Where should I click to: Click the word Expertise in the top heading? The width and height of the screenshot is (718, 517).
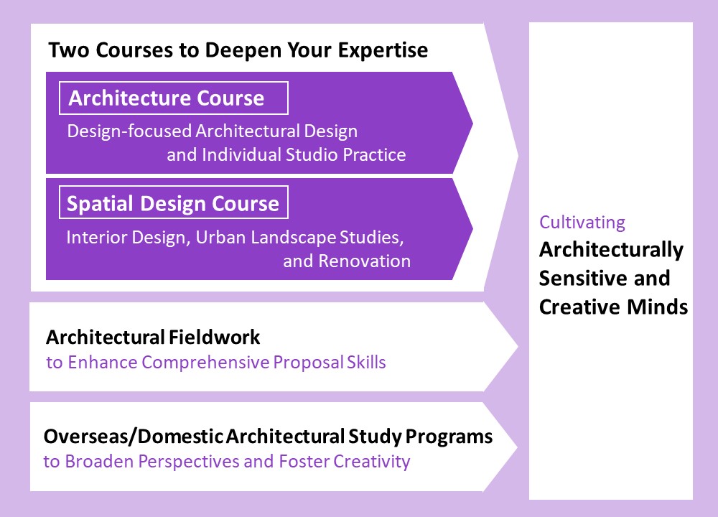click(x=383, y=50)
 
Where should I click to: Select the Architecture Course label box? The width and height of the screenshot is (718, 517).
click(x=174, y=98)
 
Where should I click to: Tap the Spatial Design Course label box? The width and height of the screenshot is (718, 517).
click(x=174, y=202)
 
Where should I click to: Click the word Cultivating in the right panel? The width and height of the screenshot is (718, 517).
click(x=582, y=223)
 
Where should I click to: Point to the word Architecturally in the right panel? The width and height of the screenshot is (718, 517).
click(x=611, y=250)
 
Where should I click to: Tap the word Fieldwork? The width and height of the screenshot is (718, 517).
click(x=214, y=337)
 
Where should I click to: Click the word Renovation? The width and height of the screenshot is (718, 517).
click(x=365, y=261)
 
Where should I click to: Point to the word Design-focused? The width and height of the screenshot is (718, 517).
click(x=129, y=131)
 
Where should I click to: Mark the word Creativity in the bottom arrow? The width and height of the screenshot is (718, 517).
click(x=371, y=462)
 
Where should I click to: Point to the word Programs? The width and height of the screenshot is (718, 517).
click(x=449, y=437)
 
